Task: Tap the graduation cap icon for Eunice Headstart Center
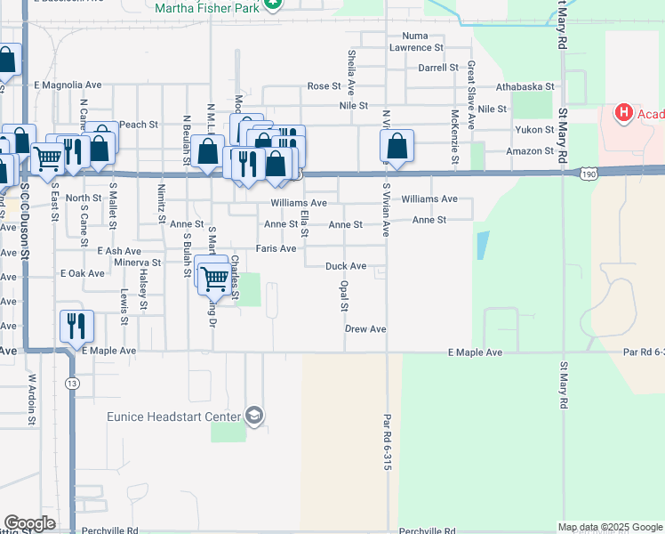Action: pos(255,417)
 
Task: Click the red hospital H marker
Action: pos(624,113)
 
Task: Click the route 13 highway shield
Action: pos(71,382)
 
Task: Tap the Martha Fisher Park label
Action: pos(209,8)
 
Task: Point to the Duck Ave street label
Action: pos(346,266)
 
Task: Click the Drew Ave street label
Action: pos(365,329)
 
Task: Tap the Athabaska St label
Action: pos(525,87)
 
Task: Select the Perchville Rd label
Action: pos(108,530)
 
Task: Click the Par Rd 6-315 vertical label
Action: pos(388,441)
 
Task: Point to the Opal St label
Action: pos(343,295)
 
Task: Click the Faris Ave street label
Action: pos(276,249)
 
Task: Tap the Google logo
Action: pos(29,523)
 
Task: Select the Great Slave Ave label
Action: pos(471,83)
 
